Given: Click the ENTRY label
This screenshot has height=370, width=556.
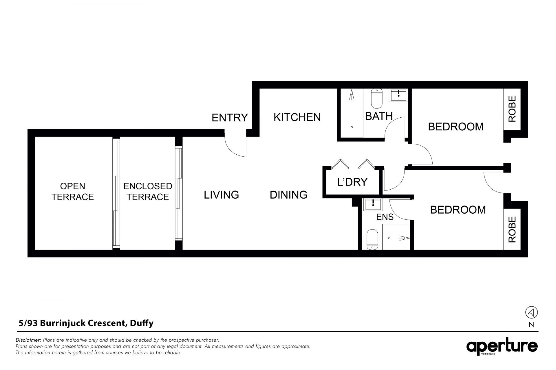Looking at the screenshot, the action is click(x=230, y=118).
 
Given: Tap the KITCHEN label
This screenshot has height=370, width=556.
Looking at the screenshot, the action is click(x=297, y=117).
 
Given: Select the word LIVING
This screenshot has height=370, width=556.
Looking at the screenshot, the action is click(x=221, y=195).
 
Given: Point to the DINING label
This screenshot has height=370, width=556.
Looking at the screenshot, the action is click(x=288, y=195).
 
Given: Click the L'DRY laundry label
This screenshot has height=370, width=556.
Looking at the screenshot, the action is click(x=352, y=182).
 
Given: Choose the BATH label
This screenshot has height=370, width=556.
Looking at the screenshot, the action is click(x=379, y=116).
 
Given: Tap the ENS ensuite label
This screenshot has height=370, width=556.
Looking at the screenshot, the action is click(x=385, y=217).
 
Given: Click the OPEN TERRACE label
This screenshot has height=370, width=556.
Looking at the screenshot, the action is click(x=73, y=191).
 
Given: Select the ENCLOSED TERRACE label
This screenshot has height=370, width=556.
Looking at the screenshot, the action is click(x=148, y=191).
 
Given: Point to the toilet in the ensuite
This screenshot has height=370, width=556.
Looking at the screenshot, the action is click(x=372, y=240).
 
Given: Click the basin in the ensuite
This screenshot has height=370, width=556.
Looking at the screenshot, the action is click(x=373, y=204).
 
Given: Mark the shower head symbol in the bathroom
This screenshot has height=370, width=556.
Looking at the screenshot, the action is click(x=352, y=95).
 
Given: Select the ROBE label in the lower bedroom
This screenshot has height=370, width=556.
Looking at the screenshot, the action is click(x=512, y=230).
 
